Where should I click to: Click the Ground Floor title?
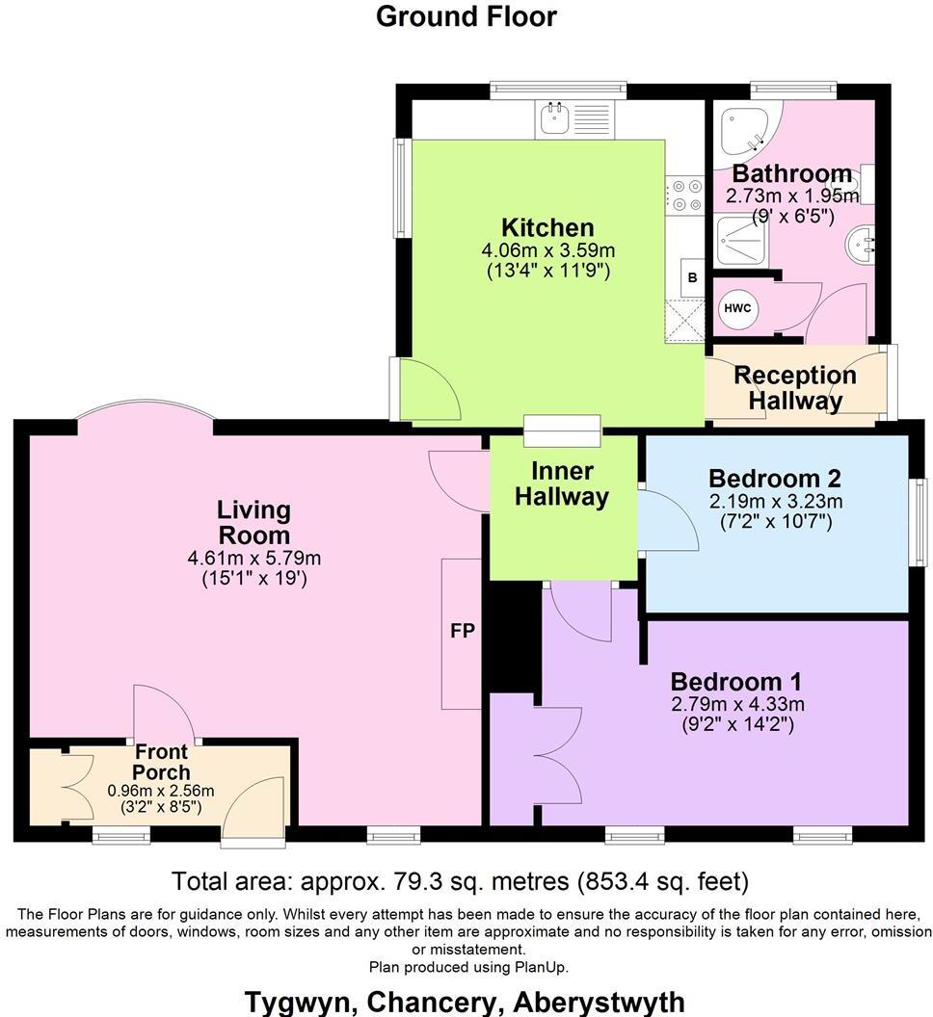coord(466,16)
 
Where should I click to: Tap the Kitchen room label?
coord(547,228)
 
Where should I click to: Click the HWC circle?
coord(739,308)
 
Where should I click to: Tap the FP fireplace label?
coord(461,633)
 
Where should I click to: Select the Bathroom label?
coord(792,174)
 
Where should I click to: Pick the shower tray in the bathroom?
coord(744,242)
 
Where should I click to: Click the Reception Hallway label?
coord(794,387)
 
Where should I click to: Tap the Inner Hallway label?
coord(562,483)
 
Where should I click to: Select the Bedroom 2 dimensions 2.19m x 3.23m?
coord(776,501)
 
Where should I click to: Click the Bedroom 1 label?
coord(735,681)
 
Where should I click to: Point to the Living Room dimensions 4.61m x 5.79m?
coord(253,559)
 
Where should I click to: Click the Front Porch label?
coord(161,761)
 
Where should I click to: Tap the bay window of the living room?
coord(146,412)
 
